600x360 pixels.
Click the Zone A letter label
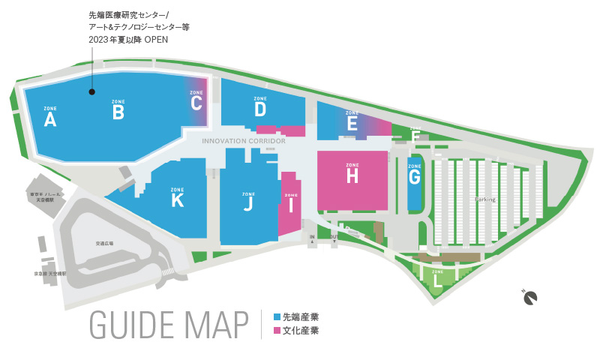point(50,120)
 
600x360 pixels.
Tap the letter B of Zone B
point(118,112)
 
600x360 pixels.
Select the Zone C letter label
point(196,103)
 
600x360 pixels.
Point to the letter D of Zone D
point(260,109)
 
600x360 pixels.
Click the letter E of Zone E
point(352,124)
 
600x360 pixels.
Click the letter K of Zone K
point(177,200)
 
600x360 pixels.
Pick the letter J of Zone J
point(248,202)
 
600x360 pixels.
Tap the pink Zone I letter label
point(291,205)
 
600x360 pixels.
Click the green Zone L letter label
point(437,280)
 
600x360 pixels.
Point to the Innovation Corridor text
point(244,140)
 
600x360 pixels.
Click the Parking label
point(485,199)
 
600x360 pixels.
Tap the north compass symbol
point(532,298)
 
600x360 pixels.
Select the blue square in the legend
point(277,317)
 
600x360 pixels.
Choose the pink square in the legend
point(277,331)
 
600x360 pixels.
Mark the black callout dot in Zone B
point(91,92)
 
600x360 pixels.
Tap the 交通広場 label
point(104,244)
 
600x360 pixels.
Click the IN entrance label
point(312,236)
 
